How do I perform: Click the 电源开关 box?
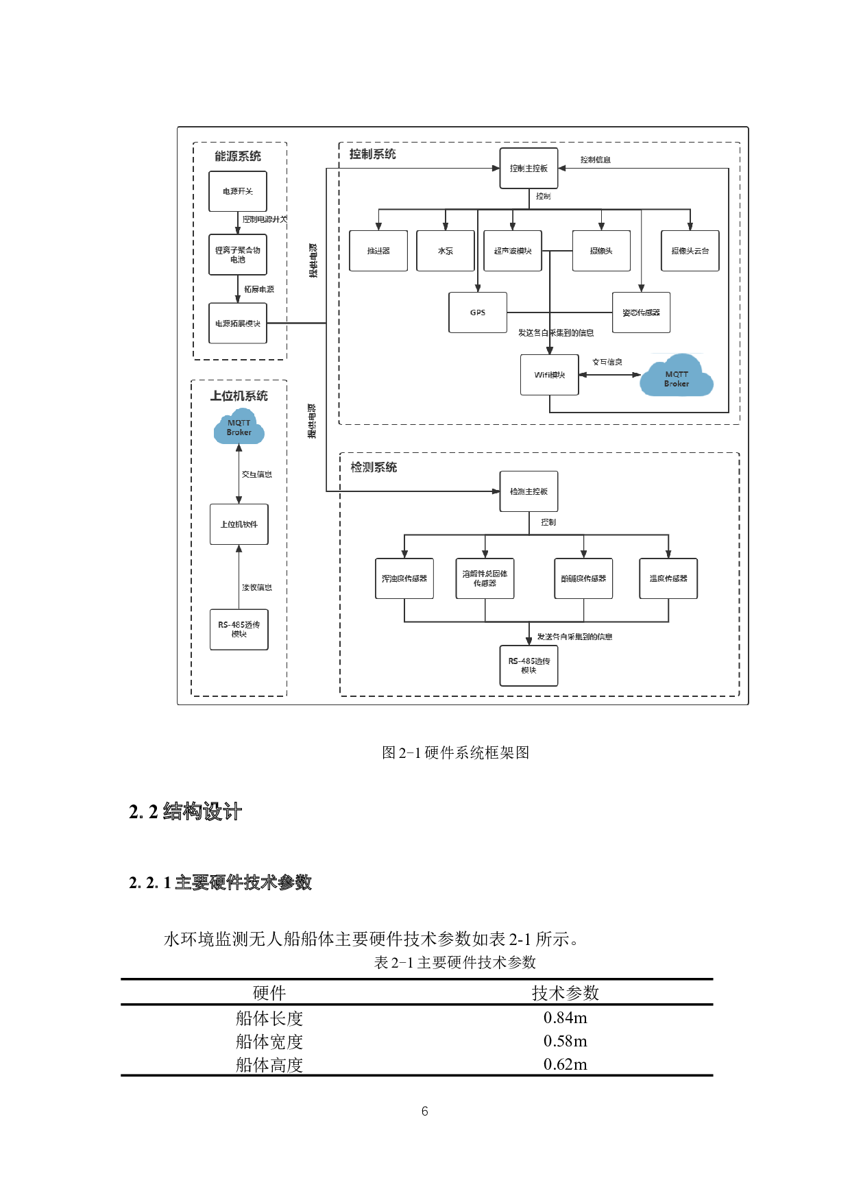(x=237, y=191)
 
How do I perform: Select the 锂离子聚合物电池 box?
(x=237, y=255)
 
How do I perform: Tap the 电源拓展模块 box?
(x=237, y=323)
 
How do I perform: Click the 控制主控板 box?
(x=529, y=169)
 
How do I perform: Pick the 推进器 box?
(x=378, y=251)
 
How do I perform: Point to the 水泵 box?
(x=446, y=251)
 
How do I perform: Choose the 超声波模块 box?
(x=513, y=251)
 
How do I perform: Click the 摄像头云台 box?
(x=690, y=251)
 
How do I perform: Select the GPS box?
(x=478, y=312)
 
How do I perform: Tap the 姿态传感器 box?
(x=641, y=312)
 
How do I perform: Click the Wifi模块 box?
(x=549, y=375)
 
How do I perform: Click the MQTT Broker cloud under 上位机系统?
(x=239, y=428)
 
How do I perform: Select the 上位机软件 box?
(x=239, y=524)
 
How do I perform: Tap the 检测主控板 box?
(x=529, y=491)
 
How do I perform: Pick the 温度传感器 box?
(x=668, y=578)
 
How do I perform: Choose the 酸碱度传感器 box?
(x=583, y=578)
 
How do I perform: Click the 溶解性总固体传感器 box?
(x=485, y=578)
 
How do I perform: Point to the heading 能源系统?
(x=238, y=156)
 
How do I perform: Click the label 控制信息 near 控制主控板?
(x=595, y=160)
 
